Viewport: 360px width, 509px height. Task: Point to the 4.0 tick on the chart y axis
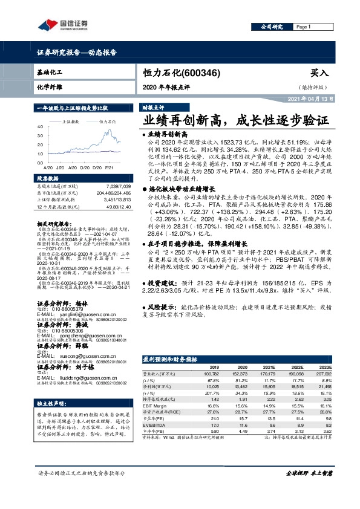(39, 127)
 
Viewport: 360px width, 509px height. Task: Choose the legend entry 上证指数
(71, 122)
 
